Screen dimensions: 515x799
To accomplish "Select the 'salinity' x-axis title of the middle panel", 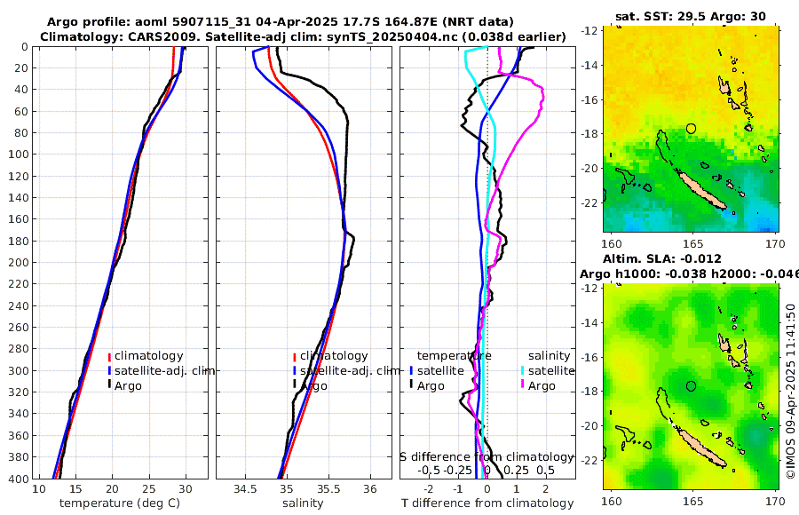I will coord(304,503).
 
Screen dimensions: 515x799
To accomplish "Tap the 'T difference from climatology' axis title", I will coord(487,503).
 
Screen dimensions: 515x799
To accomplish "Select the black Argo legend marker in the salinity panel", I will coord(293,386).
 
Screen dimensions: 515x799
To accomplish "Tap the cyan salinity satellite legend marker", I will coord(524,370).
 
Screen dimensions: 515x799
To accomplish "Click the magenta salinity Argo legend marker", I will coord(524,385).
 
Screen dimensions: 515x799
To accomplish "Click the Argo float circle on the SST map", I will coord(692,129).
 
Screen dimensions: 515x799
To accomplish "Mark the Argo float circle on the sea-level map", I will coord(692,386).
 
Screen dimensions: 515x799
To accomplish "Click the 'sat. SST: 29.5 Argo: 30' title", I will coord(691,16).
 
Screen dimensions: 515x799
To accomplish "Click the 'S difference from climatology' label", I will coord(487,456).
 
